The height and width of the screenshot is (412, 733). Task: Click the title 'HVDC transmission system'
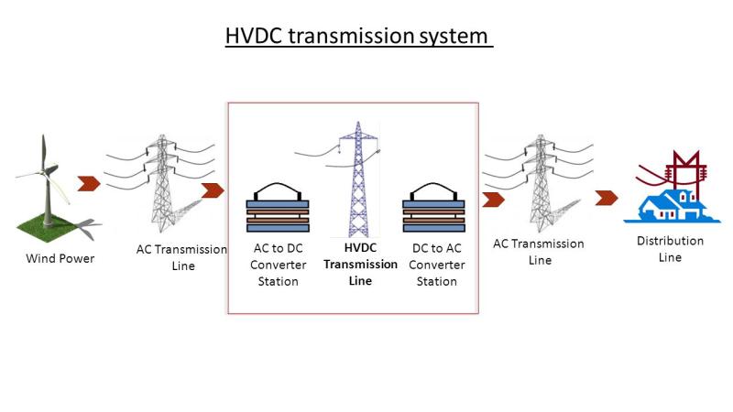coord(356,37)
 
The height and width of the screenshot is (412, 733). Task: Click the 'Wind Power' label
coord(60,258)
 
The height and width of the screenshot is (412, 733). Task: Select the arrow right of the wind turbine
coord(89,184)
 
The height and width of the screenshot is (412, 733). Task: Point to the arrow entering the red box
coord(213,190)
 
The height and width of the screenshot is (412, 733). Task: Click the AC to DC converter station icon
coord(278,208)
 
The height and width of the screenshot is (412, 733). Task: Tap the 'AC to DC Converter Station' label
coord(279,265)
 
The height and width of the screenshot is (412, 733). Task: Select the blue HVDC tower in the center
coord(358,179)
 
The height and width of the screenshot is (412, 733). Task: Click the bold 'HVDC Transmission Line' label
coord(360,265)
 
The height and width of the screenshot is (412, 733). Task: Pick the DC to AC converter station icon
coord(433,208)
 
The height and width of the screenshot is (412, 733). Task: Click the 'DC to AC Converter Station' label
coord(437,265)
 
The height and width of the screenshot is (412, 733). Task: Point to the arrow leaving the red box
coord(493,200)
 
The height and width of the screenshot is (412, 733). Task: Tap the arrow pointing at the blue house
coord(607,198)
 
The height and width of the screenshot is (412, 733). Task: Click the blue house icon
coord(672,206)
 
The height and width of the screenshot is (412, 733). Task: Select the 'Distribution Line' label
coord(670,249)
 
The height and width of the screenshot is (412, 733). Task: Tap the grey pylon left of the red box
coord(161,183)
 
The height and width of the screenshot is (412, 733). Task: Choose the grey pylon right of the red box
coord(541,183)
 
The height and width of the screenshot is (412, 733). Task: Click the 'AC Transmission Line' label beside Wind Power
coord(181,257)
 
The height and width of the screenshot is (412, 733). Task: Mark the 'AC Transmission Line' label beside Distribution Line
coord(539,252)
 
